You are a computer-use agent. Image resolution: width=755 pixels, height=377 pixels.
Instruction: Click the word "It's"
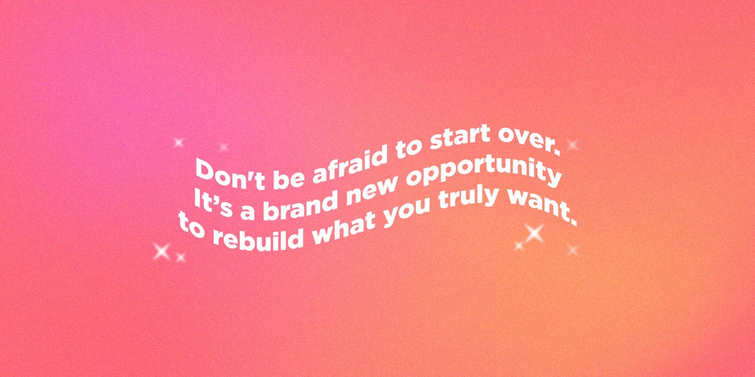pyautogui.click(x=214, y=202)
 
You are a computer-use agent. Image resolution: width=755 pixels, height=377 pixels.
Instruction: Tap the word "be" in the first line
pyautogui.click(x=289, y=178)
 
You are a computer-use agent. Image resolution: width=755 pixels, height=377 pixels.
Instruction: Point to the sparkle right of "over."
pyautogui.click(x=572, y=145)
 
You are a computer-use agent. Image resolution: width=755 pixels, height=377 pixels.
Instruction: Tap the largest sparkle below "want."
pyautogui.click(x=534, y=233)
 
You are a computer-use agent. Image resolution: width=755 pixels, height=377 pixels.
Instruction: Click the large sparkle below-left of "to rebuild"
pyautogui.click(x=162, y=251)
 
